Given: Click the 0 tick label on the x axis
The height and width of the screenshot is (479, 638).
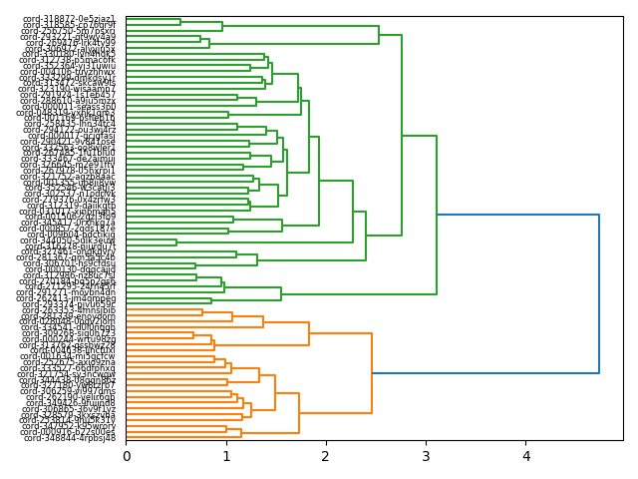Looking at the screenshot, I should click(127, 457).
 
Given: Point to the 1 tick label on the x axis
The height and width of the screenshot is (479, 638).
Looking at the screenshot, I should click(226, 457).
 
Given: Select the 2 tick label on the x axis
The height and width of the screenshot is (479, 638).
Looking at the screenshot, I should click(326, 457).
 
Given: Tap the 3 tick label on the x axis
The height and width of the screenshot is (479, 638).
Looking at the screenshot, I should click(427, 457).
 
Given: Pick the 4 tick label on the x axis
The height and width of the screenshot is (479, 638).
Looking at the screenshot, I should click(526, 457).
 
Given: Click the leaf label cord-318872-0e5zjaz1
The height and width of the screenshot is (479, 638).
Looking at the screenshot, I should click(70, 19).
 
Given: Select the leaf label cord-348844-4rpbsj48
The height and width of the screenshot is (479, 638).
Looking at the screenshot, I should click(70, 438).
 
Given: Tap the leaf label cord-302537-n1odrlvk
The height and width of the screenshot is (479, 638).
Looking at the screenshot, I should click(70, 193).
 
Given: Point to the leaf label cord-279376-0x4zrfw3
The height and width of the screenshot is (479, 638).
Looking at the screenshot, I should click(70, 200).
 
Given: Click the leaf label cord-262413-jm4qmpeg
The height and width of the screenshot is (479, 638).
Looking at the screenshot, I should click(70, 297).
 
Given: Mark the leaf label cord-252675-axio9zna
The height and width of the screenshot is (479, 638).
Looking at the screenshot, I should click(70, 361).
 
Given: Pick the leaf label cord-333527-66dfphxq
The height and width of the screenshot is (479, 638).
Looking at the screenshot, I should click(70, 368).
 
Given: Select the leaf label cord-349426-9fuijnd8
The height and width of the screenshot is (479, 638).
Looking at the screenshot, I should click(70, 402).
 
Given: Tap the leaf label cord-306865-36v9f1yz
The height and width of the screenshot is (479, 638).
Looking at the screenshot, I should click(70, 409).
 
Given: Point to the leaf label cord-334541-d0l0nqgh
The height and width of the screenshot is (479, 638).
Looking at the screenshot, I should click(70, 327).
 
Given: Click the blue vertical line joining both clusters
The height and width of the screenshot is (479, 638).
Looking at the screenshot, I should click(599, 293).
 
